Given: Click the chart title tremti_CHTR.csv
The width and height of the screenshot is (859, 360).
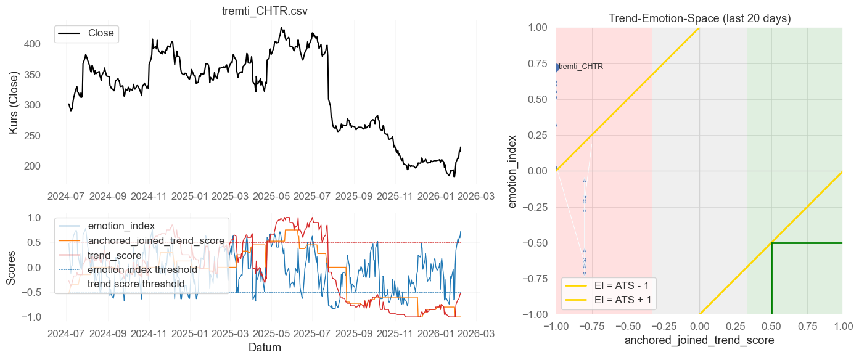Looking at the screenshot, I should (265, 12).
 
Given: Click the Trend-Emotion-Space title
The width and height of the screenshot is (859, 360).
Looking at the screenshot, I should (699, 18).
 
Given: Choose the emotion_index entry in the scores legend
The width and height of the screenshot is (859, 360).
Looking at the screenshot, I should (121, 226).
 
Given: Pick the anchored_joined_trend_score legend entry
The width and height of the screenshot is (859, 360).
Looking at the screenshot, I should (156, 240).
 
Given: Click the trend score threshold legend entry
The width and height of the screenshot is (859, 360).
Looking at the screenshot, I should (136, 284).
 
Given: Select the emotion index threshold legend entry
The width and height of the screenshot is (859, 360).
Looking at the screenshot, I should (142, 269).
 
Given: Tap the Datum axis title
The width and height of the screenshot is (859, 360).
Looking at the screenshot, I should (265, 348).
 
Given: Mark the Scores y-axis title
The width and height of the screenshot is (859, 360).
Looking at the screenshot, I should (12, 267).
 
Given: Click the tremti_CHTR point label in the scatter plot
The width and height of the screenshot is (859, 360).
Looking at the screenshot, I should (580, 67).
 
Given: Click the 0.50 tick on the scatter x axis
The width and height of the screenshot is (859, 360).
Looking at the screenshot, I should (771, 325).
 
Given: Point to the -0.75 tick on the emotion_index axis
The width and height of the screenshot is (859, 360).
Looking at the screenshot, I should (536, 279).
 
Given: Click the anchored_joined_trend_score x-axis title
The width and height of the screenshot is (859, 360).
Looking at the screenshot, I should (699, 340).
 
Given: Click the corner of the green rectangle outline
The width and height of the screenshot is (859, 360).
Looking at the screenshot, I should (771, 243).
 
